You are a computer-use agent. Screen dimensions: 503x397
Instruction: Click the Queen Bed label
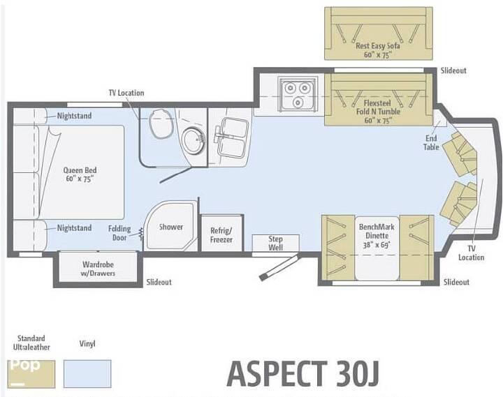pos(80,174)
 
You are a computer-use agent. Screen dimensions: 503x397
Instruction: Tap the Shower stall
pos(170,225)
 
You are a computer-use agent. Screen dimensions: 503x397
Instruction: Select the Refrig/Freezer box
pos(221,233)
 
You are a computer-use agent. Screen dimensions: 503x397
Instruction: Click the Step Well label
pos(275,244)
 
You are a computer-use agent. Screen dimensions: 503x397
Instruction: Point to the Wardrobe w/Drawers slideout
pos(98,268)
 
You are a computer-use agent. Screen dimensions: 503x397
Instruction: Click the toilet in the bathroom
pos(161,120)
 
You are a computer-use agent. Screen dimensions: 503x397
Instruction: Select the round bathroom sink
pos(194,140)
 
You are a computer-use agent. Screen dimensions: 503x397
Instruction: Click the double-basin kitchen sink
pos(232,138)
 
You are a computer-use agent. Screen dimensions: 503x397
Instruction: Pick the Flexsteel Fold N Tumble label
pos(378,112)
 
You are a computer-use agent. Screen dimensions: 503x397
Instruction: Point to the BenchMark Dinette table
pos(377,248)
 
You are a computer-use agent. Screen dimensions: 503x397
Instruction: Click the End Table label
pos(431,142)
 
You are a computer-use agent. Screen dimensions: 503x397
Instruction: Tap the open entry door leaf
pos(279,267)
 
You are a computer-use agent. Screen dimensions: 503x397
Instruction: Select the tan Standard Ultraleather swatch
pos(31,373)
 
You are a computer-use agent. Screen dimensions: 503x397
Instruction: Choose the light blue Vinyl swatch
pos(87,373)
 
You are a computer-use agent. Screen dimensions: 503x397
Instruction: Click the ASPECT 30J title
pos(302,373)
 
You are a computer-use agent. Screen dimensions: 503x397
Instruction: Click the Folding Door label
pos(119,233)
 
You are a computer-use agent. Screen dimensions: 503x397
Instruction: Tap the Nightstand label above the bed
pos(74,116)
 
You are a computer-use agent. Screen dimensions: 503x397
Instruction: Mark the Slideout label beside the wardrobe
pos(159,282)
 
